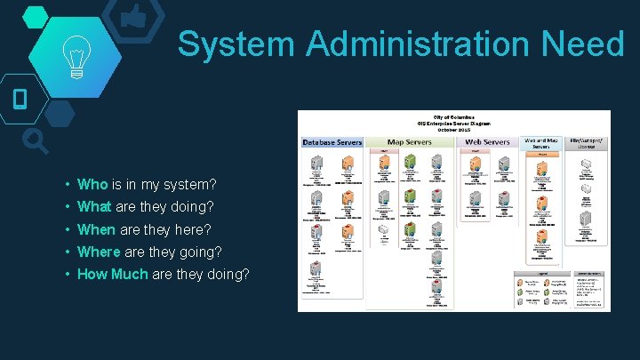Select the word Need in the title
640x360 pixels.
586,44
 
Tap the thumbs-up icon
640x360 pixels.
134,15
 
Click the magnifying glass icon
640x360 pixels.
35,140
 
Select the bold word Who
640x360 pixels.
92,185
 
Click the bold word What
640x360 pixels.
95,207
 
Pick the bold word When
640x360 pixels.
96,229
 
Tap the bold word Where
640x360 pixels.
98,252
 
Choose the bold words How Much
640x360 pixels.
113,274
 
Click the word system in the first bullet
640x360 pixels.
190,185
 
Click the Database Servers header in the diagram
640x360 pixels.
332,142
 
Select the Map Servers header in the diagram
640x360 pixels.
410,142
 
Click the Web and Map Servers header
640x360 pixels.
541,142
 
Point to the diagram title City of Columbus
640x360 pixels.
453,116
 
